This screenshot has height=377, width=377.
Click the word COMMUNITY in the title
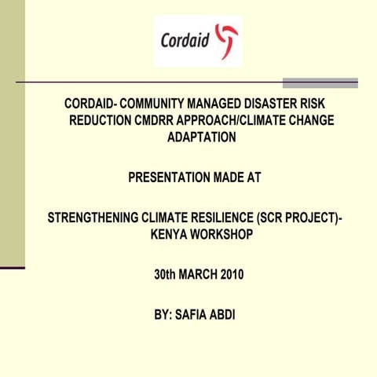(156, 104)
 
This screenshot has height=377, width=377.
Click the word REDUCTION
(103, 120)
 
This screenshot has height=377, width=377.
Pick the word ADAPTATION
(202, 137)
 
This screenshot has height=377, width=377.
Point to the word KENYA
(168, 234)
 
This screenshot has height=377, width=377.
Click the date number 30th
(166, 275)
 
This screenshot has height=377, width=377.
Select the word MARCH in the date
(199, 275)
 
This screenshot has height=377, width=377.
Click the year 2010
(232, 275)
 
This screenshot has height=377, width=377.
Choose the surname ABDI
(229, 315)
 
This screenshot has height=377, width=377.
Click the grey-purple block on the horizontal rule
(320, 82)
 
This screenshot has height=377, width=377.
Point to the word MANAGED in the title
(217, 104)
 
